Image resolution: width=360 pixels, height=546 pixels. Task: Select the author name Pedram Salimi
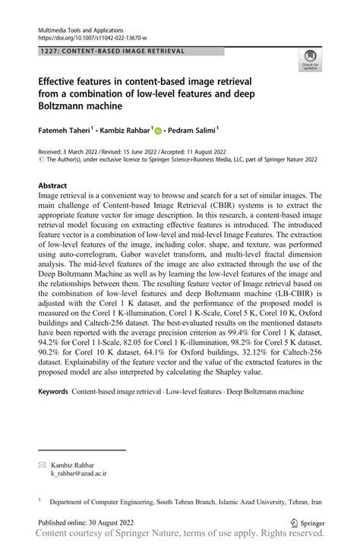point(194,130)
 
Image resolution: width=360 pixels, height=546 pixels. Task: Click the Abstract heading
point(55,185)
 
